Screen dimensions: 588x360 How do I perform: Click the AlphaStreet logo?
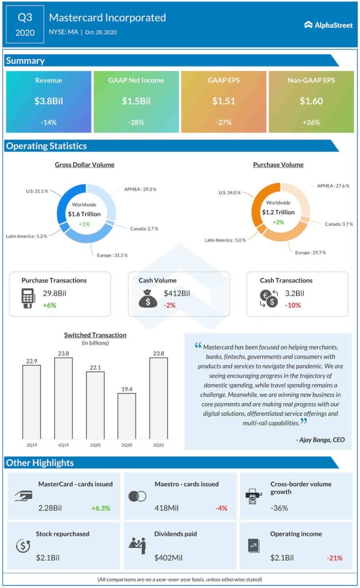328,25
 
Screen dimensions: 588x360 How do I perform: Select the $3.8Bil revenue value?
48,101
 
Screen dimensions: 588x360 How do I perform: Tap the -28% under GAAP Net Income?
136,122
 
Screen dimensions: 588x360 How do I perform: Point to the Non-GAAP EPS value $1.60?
311,101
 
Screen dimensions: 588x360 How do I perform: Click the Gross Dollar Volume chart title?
84,165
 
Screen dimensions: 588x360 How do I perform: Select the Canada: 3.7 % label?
339,223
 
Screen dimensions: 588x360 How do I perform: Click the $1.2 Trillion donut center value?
278,212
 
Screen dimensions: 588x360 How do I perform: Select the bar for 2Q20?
127,416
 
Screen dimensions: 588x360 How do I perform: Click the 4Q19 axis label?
63,445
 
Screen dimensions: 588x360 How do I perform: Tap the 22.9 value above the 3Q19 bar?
32,360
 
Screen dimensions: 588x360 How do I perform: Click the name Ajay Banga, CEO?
320,440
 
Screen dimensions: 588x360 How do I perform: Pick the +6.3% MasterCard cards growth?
100,508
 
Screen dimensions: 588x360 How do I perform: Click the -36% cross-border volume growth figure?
279,508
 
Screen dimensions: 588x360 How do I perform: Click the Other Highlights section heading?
40,463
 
